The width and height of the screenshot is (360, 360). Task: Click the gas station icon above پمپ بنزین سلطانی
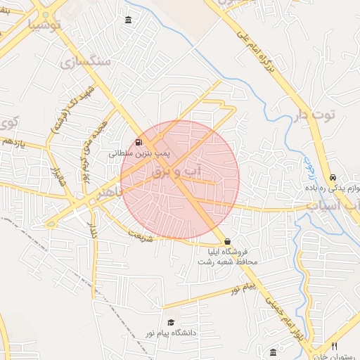tap(136, 142)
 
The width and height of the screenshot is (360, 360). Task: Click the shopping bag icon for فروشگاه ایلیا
tap(226, 241)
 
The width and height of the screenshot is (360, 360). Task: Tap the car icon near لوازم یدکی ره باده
tap(332, 177)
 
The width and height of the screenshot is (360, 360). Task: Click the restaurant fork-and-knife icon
tap(334, 346)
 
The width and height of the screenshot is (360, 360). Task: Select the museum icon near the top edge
tap(127, 19)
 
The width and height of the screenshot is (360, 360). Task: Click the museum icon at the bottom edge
tap(273, 352)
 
